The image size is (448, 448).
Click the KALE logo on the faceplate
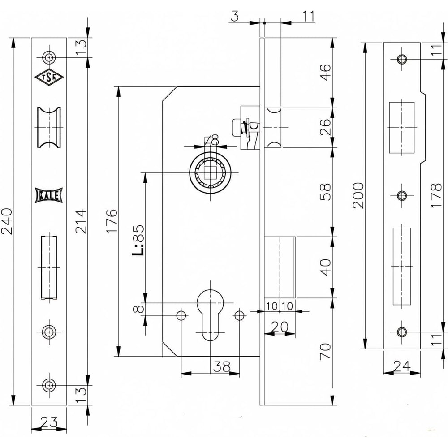[48, 196]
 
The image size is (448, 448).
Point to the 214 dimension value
[81, 221]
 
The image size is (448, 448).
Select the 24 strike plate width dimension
[401, 366]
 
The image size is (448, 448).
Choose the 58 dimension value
[326, 192]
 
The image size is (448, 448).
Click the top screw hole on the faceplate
[48, 57]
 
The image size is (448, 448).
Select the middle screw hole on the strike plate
[401, 195]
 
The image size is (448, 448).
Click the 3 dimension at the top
[235, 17]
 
